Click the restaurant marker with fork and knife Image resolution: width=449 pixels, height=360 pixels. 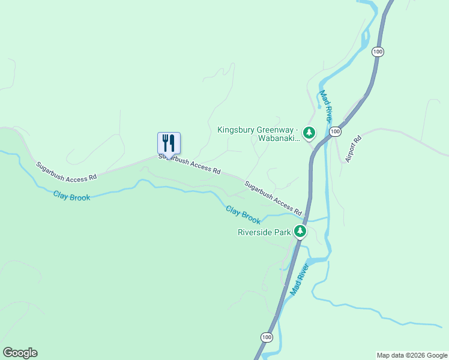coord(169,143)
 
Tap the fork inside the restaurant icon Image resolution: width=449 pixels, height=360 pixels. coord(165,143)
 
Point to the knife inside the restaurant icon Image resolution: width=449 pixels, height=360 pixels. coord(172,143)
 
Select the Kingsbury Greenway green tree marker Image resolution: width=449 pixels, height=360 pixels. coord(309,133)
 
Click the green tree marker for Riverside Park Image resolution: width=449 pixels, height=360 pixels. coord(300,231)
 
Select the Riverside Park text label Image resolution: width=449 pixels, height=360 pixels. coord(264,232)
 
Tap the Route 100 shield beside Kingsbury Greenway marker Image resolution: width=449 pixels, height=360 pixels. coord(335,131)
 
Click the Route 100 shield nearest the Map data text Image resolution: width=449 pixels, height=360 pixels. coord(266,337)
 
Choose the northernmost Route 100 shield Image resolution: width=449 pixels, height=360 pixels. coord(377,52)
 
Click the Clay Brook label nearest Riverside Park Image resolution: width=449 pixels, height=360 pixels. coord(243,214)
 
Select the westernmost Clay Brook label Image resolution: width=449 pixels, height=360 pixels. coord(71,195)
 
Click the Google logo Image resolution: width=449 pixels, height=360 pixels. coord(20,353)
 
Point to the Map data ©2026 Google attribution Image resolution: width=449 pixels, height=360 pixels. coord(412,355)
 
